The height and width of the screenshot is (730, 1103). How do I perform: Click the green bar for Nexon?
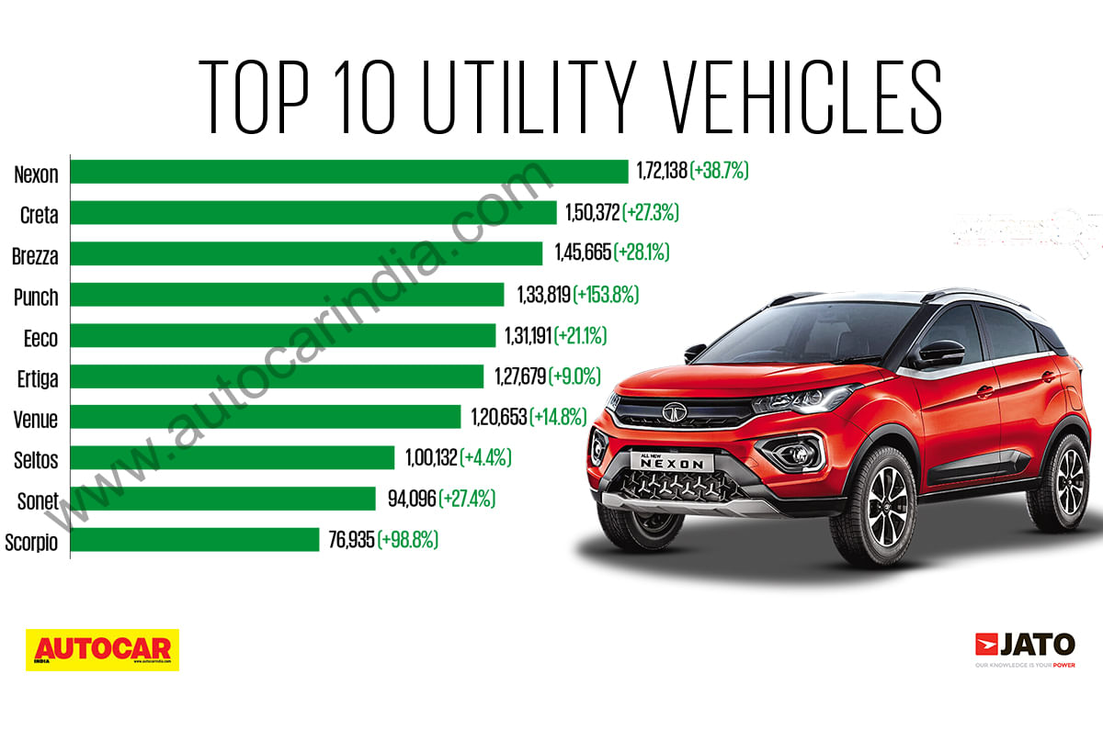click(348, 172)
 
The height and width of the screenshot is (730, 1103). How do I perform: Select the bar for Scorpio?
click(194, 540)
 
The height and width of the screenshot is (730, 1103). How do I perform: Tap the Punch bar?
click(287, 295)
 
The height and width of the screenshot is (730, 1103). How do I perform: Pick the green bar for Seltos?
click(233, 457)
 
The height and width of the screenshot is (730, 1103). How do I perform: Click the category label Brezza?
click(36, 256)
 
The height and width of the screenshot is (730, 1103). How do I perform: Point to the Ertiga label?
click(37, 378)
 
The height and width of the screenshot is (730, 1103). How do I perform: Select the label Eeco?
click(40, 338)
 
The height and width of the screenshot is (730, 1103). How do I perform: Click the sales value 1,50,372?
click(588, 213)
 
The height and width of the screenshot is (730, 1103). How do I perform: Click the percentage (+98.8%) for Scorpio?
click(408, 540)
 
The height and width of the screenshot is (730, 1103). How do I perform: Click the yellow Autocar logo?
click(102, 649)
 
